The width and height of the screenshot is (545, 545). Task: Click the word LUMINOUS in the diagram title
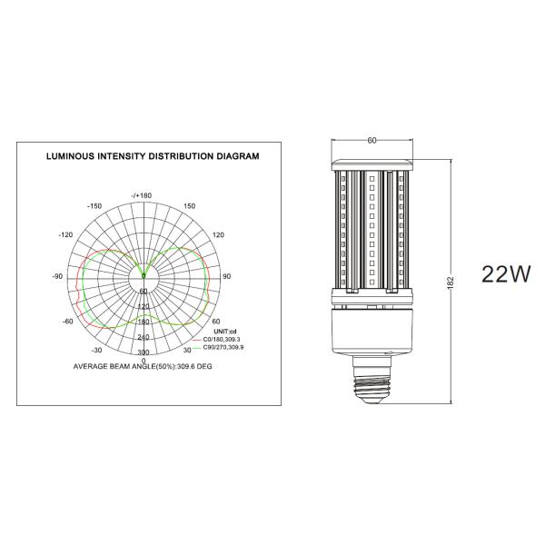point(70,156)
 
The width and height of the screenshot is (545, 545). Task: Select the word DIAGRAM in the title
point(238,156)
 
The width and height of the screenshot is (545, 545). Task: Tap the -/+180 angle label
point(142,195)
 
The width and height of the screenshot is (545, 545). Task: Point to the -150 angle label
point(94,206)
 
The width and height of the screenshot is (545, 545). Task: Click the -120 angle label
point(65,235)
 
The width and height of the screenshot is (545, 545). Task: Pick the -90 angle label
point(58,277)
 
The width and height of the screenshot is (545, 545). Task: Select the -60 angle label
point(68,322)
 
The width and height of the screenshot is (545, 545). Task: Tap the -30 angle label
point(96,350)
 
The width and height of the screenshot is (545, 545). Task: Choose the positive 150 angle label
point(190,206)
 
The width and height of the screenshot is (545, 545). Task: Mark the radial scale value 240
point(144,337)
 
